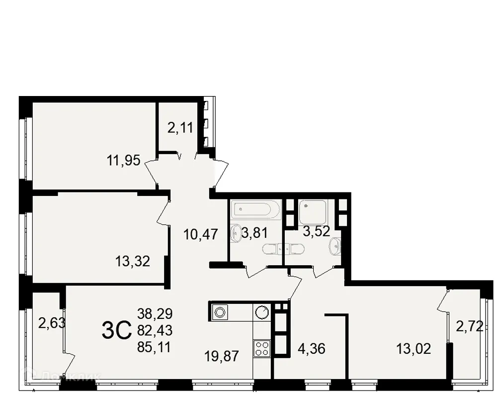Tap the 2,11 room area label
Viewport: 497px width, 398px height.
click(180, 129)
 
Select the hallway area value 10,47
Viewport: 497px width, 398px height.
click(200, 234)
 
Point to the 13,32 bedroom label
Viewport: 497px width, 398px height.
click(133, 261)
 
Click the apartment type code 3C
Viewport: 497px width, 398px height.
click(116, 330)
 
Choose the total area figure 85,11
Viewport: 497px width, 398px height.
click(155, 347)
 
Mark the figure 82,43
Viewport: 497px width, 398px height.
click(155, 330)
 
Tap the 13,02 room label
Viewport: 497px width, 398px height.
click(414, 348)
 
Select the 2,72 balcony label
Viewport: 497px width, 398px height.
click(470, 327)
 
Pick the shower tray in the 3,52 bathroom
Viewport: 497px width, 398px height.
click(313, 211)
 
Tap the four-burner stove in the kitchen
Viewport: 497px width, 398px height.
click(262, 348)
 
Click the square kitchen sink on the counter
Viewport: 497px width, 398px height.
click(219, 312)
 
